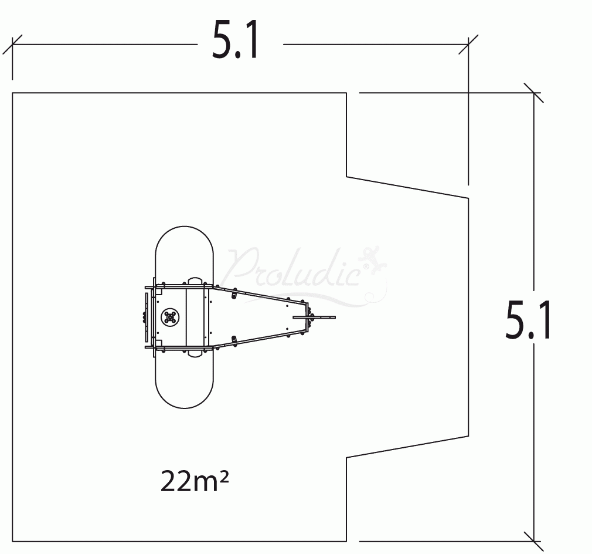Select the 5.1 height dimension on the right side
[x=528, y=320]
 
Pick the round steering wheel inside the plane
[x=171, y=317]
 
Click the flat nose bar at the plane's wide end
[x=146, y=317]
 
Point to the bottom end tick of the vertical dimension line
[x=533, y=541]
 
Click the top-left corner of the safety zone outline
[x=13, y=93]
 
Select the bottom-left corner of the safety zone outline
[x=13, y=541]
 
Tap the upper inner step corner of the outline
[x=347, y=176]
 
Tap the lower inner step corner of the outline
[x=347, y=457]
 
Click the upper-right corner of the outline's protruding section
[x=468, y=198]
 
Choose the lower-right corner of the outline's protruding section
[x=468, y=435]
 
